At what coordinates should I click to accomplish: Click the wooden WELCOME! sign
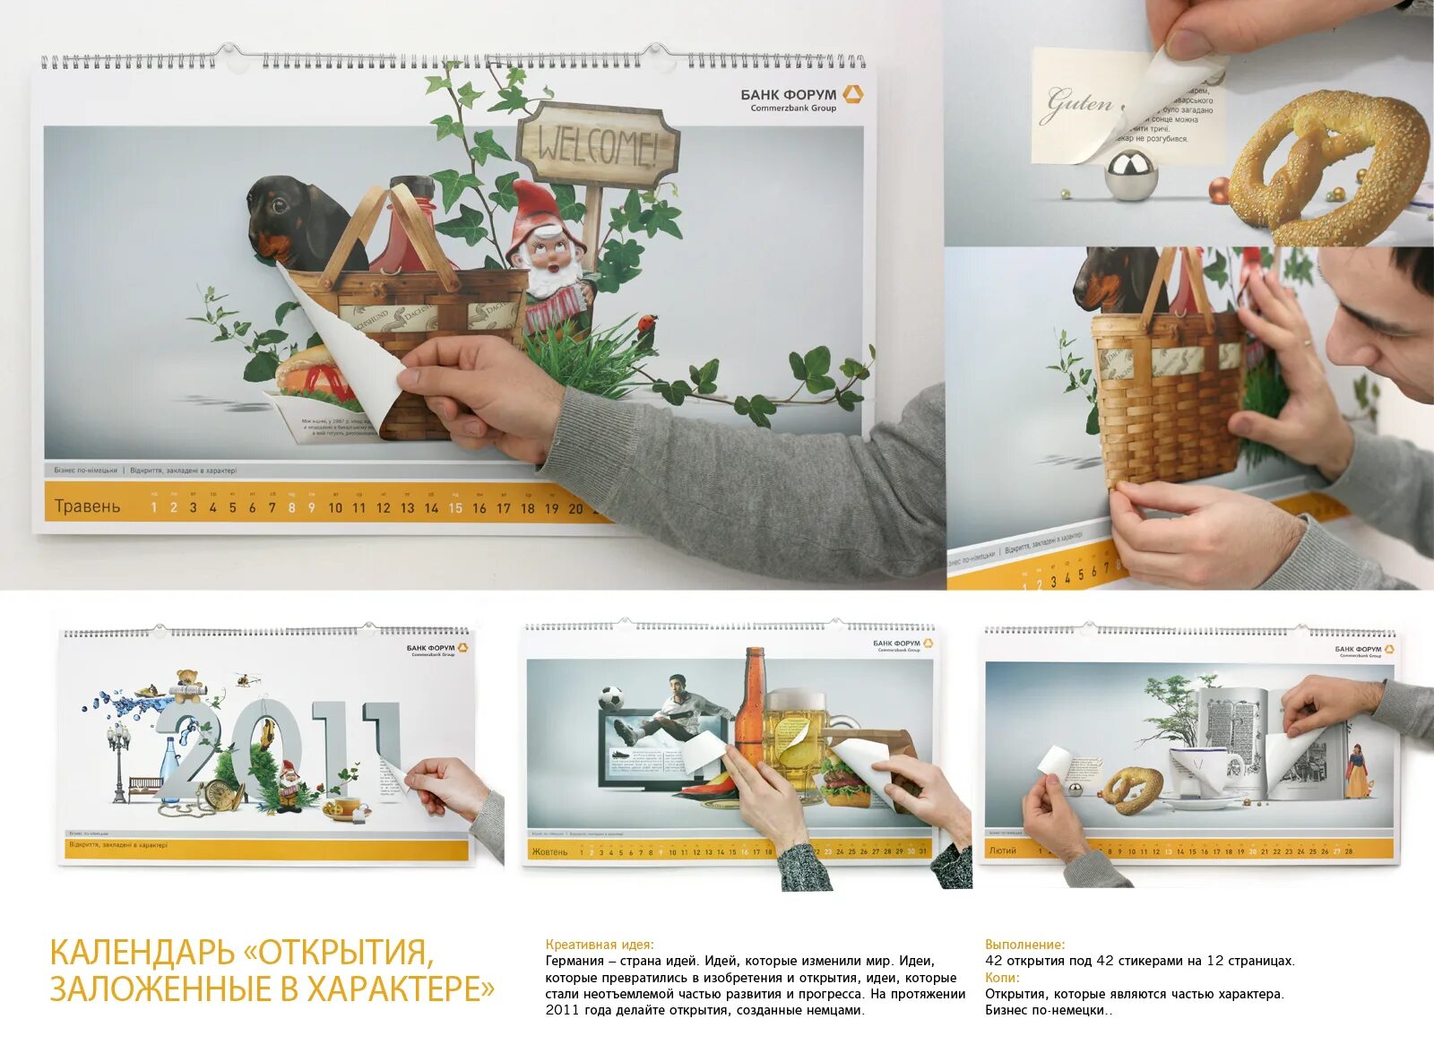coord(598,145)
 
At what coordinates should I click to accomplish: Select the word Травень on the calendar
coord(87,506)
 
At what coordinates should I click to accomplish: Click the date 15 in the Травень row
coord(455,508)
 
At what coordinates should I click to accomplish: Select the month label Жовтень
coord(549,851)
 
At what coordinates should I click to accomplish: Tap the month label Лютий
coord(1002,850)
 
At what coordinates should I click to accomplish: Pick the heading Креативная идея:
coord(600,945)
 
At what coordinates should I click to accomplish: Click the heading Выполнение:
coord(1024,945)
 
